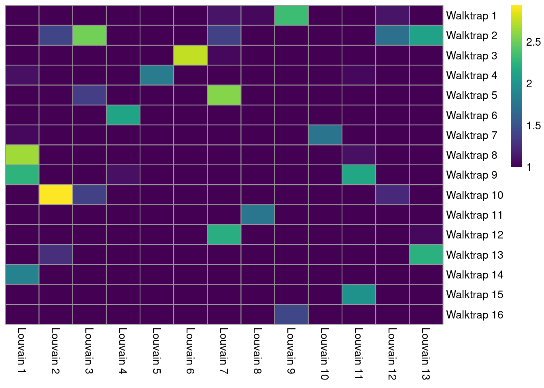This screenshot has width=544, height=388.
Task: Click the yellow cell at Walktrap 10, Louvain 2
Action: coord(56,195)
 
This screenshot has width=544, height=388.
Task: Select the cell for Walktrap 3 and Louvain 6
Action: coord(191,55)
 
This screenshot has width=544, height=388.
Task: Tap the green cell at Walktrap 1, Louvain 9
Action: coord(291,15)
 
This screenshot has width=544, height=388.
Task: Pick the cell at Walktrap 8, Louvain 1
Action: coord(22,155)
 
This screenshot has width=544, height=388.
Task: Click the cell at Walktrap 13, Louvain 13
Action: coord(426,255)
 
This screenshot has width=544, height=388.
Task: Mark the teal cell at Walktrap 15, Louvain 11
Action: coord(359,294)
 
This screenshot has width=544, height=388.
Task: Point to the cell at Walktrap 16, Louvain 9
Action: coord(291,314)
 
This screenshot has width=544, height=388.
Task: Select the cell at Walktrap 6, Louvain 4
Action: coord(123,115)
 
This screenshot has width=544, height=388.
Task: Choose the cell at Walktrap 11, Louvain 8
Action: coord(258,215)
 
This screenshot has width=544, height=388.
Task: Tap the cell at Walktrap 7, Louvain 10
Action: coord(325,135)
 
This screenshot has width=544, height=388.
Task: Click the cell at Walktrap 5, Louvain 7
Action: coord(224,95)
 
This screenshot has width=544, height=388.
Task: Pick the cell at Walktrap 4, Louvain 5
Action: coord(157,75)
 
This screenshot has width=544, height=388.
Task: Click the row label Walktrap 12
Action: coord(474,235)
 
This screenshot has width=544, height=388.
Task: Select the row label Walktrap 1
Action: coord(471,16)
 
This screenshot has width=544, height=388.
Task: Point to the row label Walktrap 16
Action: coord(474,315)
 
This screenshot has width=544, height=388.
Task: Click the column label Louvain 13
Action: coord(425,354)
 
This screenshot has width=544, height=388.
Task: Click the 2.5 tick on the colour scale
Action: coord(533,42)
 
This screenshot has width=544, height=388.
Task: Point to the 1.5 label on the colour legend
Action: coord(533,126)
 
